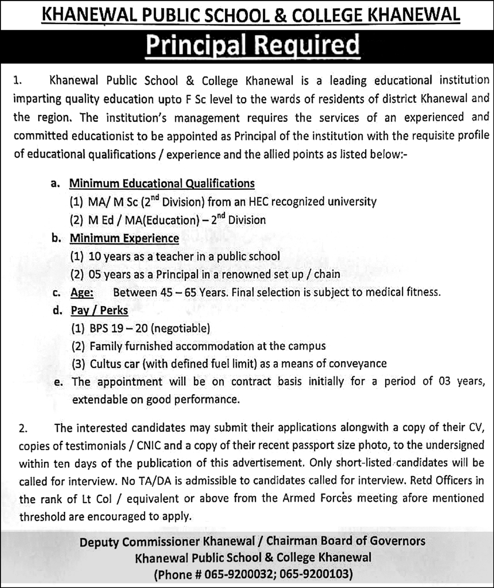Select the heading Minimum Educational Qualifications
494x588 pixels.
pos(162,184)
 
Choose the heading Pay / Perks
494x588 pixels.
pos(97,311)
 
